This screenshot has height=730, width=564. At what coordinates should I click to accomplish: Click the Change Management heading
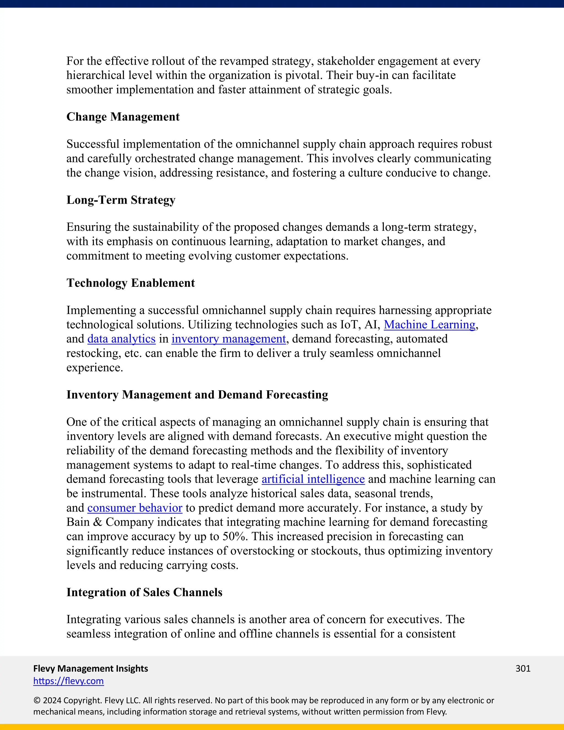coord(123,117)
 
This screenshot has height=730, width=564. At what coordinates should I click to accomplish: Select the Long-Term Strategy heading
coord(121,200)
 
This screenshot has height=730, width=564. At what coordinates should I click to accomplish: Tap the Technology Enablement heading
coord(130,283)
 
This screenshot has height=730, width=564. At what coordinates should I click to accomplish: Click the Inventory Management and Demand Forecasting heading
coord(197,395)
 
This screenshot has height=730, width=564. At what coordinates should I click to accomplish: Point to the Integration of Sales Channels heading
coord(144,592)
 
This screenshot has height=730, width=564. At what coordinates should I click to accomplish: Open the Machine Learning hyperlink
coord(429,325)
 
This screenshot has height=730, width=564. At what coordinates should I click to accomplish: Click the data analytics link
coord(121,339)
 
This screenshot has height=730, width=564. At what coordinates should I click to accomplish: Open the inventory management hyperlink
coord(229,339)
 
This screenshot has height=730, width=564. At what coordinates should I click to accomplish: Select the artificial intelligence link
coord(313,479)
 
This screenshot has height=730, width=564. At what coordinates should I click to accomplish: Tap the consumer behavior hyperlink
coord(135,508)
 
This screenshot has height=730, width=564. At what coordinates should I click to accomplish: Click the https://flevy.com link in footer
coord(69,681)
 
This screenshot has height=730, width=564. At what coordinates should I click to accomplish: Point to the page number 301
coord(523,669)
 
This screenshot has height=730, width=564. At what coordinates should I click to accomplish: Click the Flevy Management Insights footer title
coord(91,669)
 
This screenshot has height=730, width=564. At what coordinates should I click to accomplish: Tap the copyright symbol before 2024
coord(36,701)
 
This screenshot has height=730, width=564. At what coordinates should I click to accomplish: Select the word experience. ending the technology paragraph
coord(94,368)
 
